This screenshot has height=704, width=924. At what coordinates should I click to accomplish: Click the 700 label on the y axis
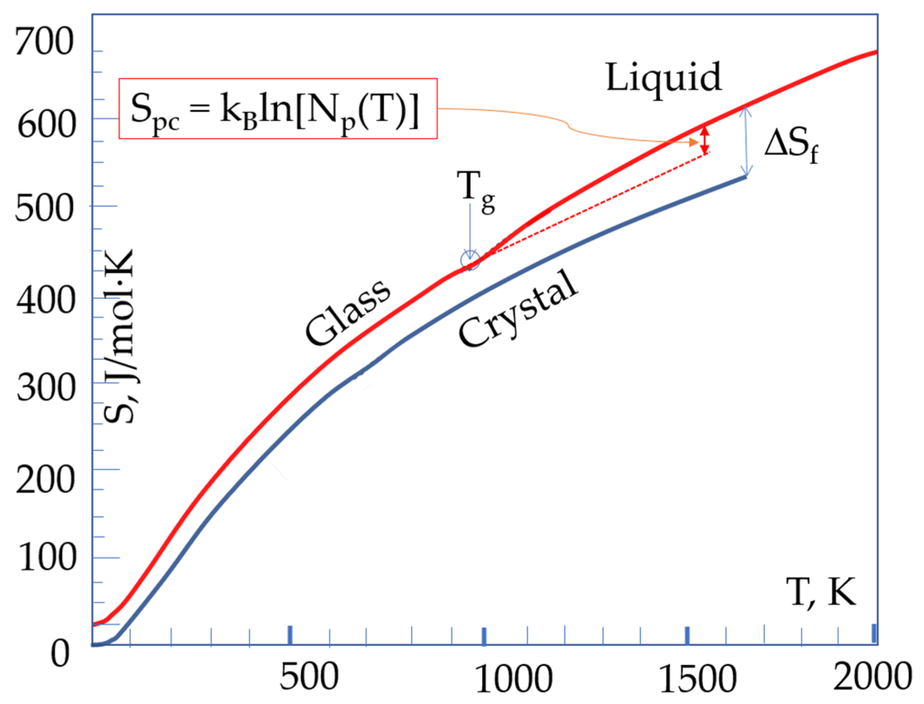44,42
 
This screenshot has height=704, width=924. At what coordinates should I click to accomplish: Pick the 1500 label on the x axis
698,679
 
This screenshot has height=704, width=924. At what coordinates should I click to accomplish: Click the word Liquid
664,78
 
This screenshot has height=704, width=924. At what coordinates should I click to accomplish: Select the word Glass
348,312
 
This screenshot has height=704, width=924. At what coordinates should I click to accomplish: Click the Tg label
475,191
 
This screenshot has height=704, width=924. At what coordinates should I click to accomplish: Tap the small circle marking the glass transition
470,261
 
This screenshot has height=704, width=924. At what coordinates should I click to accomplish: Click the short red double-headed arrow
705,140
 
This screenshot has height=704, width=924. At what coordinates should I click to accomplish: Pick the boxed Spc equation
278,108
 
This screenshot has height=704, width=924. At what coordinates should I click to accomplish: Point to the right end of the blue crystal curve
745,177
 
